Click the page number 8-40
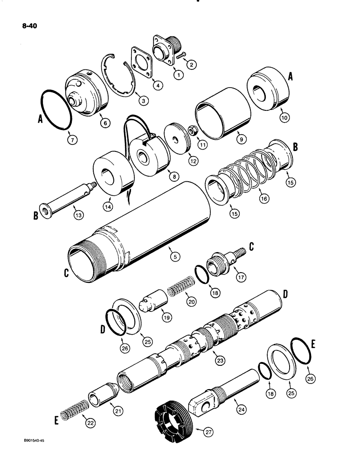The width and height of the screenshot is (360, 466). click(26, 26)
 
